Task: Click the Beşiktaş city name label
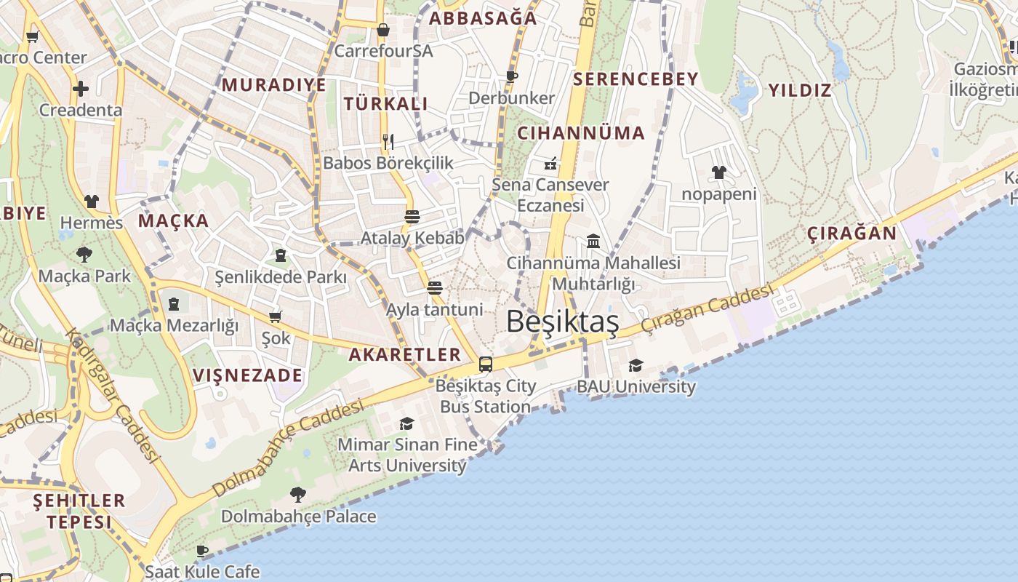562,322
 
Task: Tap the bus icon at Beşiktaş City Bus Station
486,364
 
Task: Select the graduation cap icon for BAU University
636,365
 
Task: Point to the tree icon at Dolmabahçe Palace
298,495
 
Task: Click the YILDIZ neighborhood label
800,91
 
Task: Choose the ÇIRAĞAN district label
851,234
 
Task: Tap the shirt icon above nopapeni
718,172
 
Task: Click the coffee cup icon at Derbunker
512,76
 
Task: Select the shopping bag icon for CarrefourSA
383,30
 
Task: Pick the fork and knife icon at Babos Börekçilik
388,141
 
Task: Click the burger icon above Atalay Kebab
412,216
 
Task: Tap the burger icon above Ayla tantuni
435,287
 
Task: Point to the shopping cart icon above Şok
276,316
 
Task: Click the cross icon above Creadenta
81,89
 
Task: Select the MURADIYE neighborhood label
274,85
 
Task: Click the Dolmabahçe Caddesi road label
288,446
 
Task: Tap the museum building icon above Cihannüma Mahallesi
593,241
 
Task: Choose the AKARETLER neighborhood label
405,355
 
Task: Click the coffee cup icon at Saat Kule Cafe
202,551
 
